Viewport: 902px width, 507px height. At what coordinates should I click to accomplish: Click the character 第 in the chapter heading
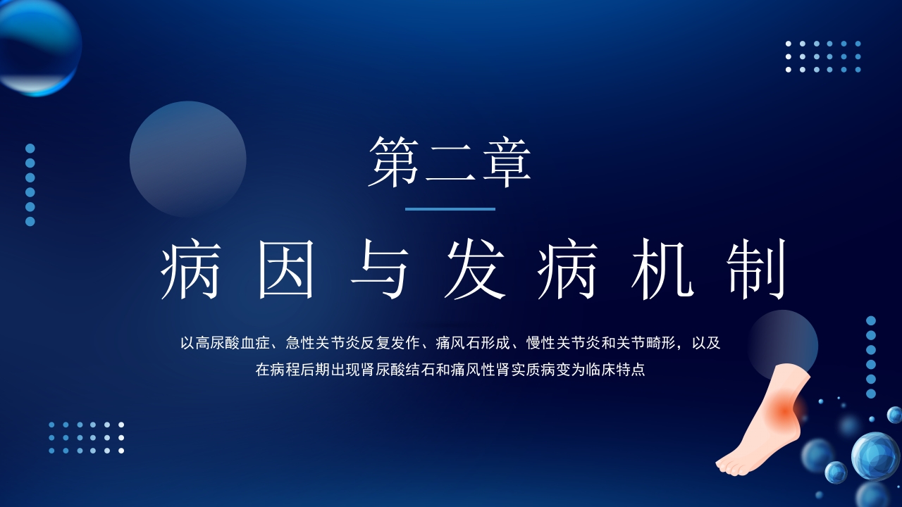click(x=395, y=162)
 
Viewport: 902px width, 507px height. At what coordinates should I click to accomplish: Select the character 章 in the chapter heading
click(x=505, y=162)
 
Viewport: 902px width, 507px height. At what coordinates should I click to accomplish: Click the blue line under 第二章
click(x=450, y=209)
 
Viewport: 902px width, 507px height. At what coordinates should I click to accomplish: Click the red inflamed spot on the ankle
click(x=786, y=408)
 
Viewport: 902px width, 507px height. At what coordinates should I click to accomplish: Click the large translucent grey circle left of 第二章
click(x=187, y=159)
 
